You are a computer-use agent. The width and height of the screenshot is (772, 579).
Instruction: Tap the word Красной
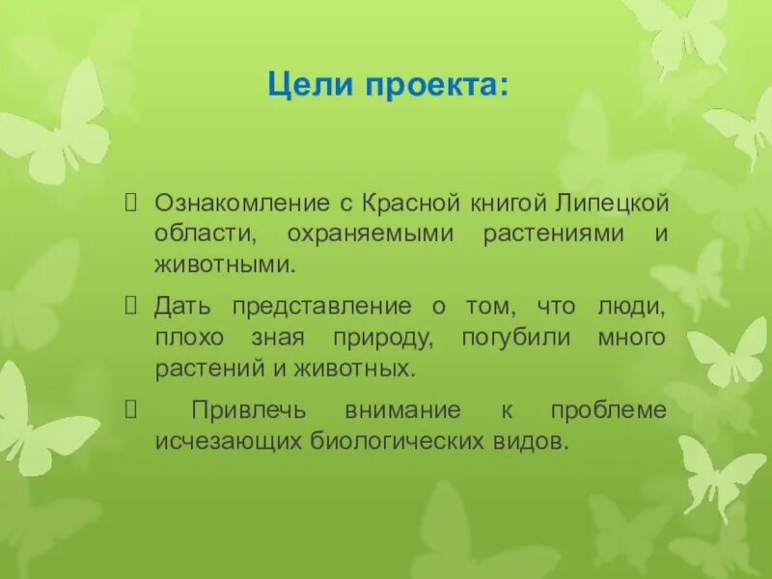[406, 204]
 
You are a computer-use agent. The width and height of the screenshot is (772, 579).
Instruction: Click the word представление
[313, 307]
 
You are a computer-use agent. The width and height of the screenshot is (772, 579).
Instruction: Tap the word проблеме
[608, 410]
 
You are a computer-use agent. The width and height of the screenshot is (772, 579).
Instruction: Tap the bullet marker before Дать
[134, 307]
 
